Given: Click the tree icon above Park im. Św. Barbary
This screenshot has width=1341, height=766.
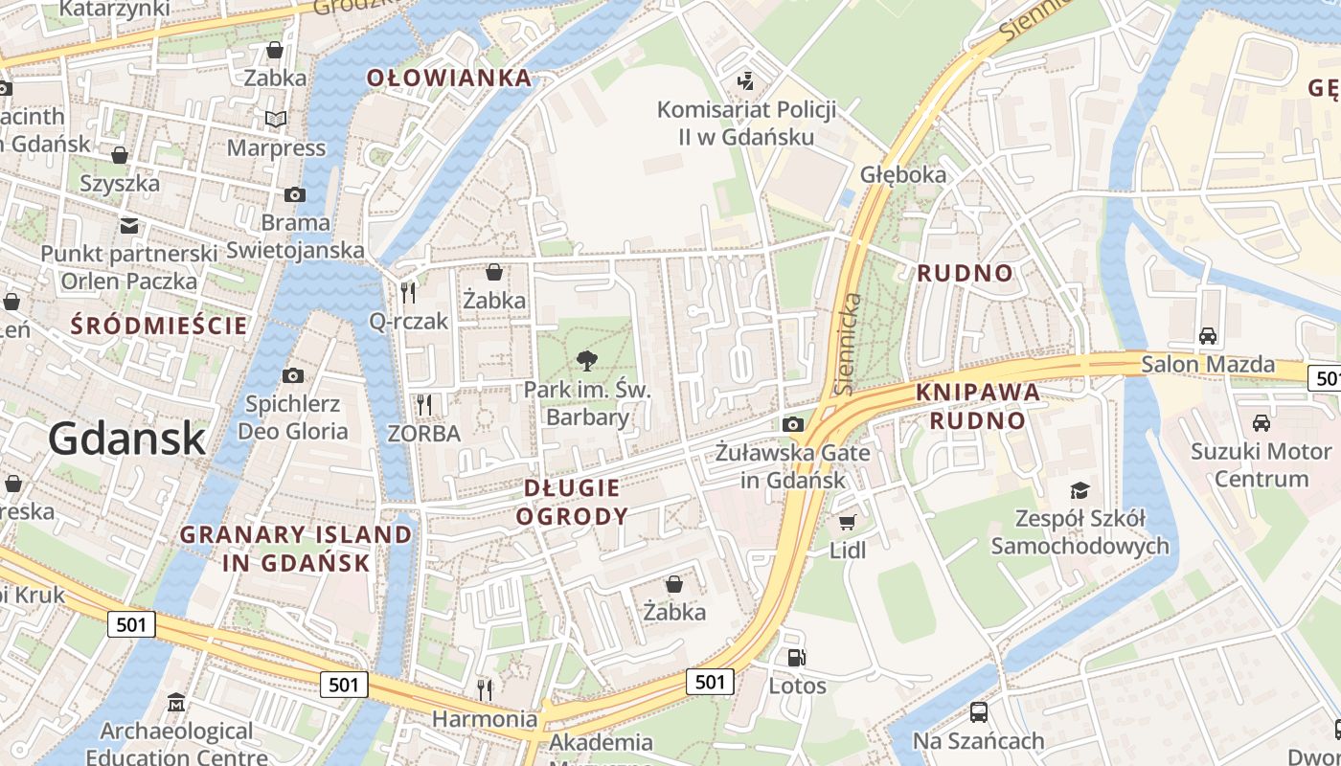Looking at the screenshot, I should click(x=586, y=361).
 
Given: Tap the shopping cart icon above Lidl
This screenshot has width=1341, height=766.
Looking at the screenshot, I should click(x=847, y=522).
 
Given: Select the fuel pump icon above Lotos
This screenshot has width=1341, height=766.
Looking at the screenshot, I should click(x=796, y=658).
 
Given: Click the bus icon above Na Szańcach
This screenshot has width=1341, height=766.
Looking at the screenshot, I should click(x=978, y=712).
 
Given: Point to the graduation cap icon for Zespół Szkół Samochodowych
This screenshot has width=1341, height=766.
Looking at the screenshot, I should click(x=1080, y=490).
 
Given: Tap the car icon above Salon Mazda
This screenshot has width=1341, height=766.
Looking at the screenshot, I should click(x=1208, y=336).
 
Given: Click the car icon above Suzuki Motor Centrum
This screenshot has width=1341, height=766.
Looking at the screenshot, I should click(x=1261, y=422).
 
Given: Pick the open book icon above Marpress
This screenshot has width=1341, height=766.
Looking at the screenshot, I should click(x=276, y=120).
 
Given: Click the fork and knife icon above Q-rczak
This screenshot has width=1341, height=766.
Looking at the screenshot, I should click(x=408, y=292).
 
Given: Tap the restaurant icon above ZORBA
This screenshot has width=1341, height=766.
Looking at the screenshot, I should click(x=424, y=405).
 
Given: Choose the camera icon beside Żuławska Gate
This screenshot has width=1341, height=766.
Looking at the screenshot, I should click(x=793, y=424).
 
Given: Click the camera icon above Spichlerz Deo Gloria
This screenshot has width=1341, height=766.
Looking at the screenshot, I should click(x=293, y=375).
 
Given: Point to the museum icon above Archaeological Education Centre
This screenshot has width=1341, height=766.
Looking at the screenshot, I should click(x=176, y=704).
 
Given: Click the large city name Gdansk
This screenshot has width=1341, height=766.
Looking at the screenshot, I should click(x=126, y=439).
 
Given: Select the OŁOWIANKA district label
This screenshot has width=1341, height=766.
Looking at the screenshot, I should click(x=449, y=79).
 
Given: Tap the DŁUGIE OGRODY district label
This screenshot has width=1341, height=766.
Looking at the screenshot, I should click(x=572, y=503).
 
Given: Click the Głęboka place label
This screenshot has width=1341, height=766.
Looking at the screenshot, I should click(x=903, y=174).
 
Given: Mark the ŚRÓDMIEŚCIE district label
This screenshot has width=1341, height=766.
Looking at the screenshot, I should click(x=159, y=326).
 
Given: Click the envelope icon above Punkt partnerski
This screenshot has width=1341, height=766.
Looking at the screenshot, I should click(x=129, y=226).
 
